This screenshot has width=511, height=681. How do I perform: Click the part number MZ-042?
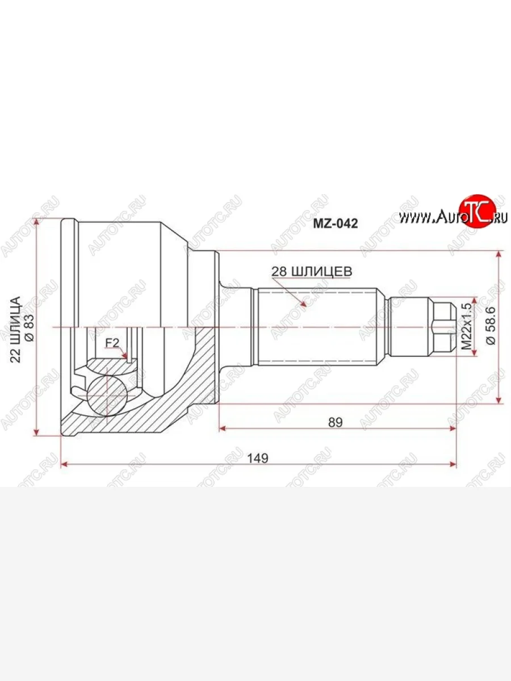[x=336, y=224]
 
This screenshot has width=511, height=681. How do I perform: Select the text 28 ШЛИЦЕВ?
[x=312, y=271]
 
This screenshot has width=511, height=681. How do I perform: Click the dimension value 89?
[x=335, y=421]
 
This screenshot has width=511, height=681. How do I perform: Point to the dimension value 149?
[x=259, y=457]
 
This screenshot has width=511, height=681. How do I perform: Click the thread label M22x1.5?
[x=467, y=327]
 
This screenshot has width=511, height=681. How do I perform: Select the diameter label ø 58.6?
[x=492, y=326]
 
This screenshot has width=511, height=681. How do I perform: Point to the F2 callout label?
[x=111, y=343]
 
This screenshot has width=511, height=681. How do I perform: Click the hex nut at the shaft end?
[x=443, y=327]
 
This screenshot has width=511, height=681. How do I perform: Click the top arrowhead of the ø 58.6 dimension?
[x=499, y=254]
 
